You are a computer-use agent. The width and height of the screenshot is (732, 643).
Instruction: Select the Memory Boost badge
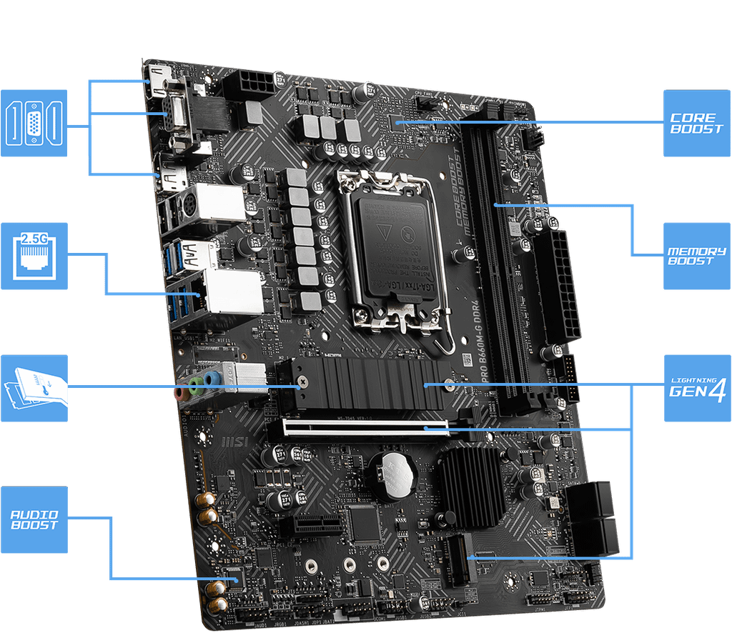696,256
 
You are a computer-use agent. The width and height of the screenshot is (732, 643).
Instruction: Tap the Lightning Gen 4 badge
697,387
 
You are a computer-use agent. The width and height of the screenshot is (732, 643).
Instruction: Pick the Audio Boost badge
34,520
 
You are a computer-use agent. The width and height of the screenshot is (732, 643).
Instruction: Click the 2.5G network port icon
34,255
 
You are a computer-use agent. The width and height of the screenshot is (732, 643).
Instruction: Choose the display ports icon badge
34,123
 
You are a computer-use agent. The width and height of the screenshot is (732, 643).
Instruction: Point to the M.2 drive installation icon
34,388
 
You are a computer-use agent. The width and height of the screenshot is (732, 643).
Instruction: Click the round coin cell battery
391,474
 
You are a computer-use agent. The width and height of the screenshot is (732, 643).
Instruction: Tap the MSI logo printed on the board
237,444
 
